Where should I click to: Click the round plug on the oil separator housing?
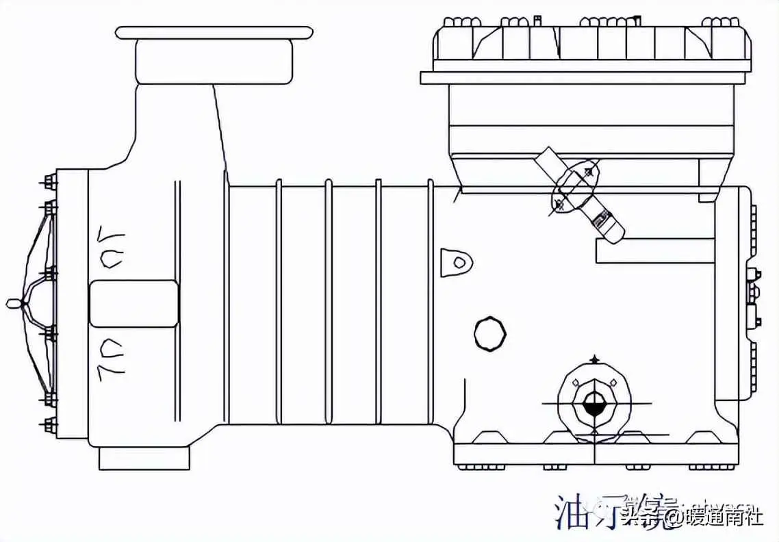point(490,334)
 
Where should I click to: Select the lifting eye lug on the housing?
point(457,262)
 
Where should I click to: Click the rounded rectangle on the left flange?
point(134,303)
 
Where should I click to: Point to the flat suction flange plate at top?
point(214,32)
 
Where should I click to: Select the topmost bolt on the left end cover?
point(50,182)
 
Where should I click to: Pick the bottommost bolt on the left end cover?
point(50,423)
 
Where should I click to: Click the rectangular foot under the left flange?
point(144,458)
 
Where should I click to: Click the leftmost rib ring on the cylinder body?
point(279,301)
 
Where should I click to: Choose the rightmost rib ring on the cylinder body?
point(431,301)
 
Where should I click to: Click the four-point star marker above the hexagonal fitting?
point(593,359)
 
